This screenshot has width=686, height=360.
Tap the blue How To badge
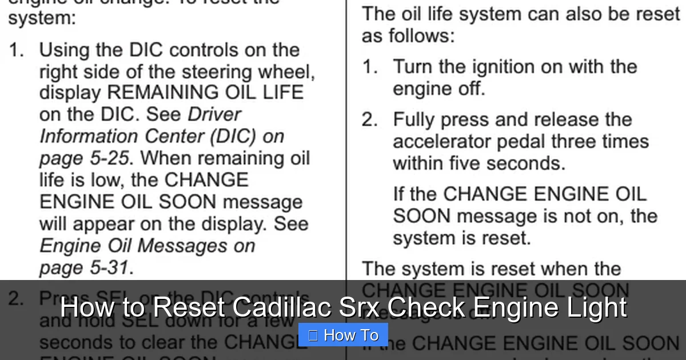[x=343, y=335]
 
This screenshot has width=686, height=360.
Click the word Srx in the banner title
[x=353, y=308]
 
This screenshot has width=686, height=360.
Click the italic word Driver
[x=214, y=114]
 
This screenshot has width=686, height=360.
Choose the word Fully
[x=414, y=119]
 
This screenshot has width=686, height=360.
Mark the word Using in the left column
[x=65, y=50]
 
